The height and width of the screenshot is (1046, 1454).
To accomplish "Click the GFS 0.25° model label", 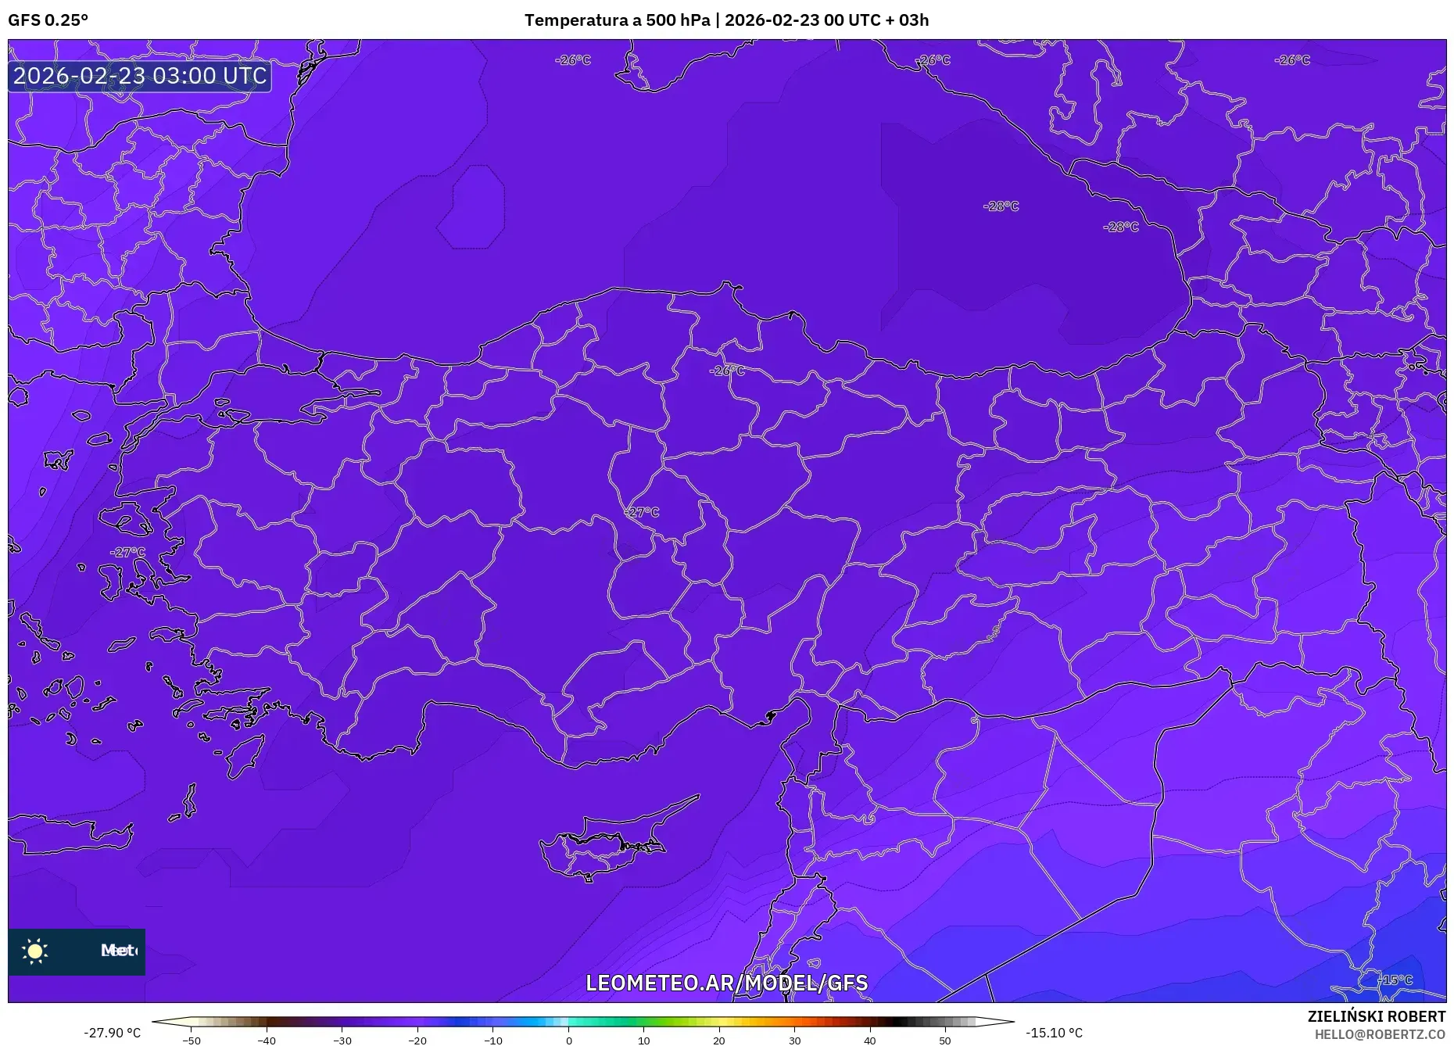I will coord(48,20).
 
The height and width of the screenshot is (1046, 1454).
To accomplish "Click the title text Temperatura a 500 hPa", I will coord(617,20).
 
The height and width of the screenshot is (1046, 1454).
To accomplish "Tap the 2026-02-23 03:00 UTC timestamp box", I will coord(140,76).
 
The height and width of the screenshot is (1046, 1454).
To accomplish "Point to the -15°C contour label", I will coord(1395,980).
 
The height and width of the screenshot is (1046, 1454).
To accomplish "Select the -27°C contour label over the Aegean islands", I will coord(127,552).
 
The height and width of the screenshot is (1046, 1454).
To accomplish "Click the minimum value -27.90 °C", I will coord(113,1033).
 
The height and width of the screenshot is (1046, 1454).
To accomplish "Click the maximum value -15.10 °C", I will coord(1054,1033).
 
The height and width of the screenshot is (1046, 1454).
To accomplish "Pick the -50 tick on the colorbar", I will coord(192,1041).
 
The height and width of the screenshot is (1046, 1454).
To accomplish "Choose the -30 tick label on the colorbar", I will coord(342,1041).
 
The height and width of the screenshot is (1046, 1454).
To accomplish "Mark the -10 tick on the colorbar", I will coord(493,1041).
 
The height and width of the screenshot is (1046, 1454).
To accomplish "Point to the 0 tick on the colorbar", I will coord(569,1041).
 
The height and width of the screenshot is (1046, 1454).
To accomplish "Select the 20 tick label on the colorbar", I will coord(719,1041).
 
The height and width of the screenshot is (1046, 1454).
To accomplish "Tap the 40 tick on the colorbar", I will coord(870,1041).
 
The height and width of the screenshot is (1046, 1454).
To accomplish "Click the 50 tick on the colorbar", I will coord(945,1041).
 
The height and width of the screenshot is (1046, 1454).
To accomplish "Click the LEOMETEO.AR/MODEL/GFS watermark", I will coord(726,983).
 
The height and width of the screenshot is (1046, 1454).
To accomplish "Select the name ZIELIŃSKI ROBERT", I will coord(1376,1016).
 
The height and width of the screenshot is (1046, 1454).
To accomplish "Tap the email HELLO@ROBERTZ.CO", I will coord(1379,1034).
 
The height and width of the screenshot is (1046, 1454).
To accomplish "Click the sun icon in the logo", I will coord(35,951).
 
